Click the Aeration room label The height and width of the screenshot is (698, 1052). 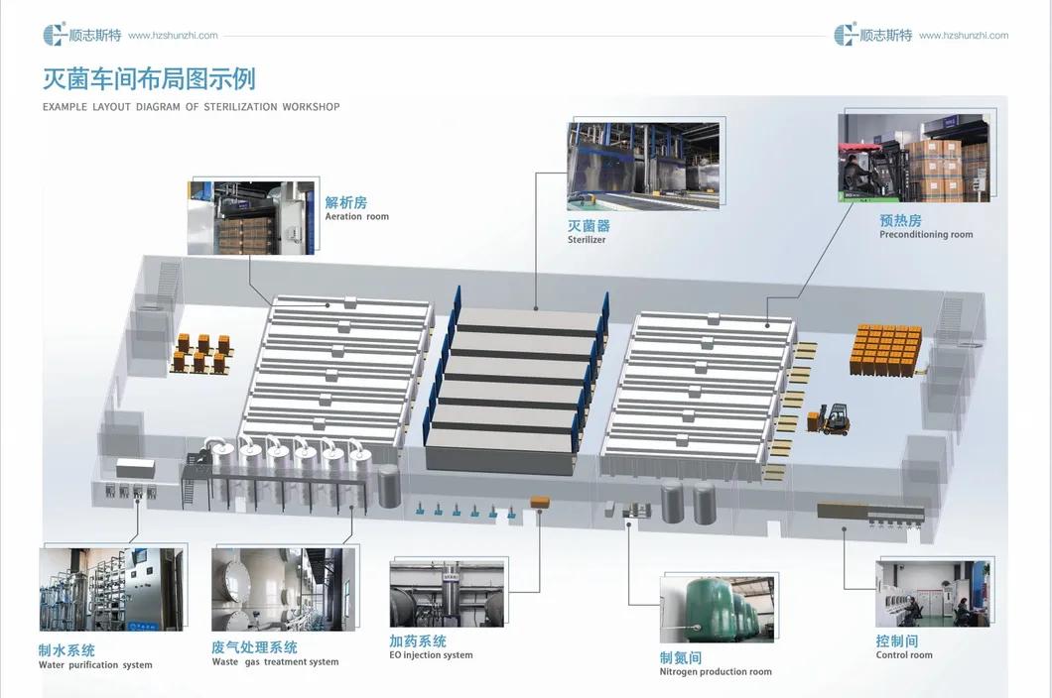pos(357,216)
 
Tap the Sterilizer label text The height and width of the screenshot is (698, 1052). pos(587,239)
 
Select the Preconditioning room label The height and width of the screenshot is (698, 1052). pos(926,235)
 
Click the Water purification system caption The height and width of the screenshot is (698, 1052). pos(95,665)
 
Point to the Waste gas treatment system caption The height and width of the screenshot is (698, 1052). pos(275,661)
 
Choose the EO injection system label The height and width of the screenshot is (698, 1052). pos(431,655)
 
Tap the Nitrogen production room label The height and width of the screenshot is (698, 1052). pos(716,672)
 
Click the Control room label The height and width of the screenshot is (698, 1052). pos(904,655)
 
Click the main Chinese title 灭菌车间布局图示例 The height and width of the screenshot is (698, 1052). pos(149,79)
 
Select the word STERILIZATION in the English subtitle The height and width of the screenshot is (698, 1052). pos(240,107)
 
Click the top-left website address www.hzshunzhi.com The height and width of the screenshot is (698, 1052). pos(173,36)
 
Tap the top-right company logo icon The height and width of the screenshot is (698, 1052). pos(846,34)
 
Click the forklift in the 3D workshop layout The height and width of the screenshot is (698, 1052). pos(830,419)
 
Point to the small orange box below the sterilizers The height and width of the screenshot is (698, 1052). pos(540,502)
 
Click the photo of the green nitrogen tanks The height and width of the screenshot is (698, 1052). pos(717,610)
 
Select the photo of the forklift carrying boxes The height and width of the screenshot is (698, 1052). pos(914,158)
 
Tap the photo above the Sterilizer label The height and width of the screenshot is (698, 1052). pos(643,166)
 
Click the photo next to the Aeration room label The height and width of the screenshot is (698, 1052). pos(251,218)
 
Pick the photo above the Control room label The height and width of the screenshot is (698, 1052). pos(933,594)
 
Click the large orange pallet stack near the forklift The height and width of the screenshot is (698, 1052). pos(885,350)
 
